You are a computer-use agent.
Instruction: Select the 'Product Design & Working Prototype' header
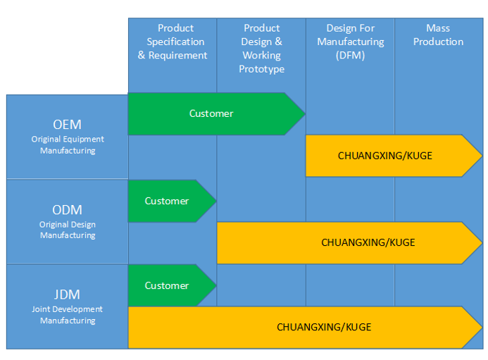(x=261, y=49)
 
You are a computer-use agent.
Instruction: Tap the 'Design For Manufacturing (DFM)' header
(x=350, y=42)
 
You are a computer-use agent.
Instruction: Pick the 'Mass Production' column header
(x=438, y=35)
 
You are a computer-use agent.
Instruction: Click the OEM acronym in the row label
(x=68, y=125)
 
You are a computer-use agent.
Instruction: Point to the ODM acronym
(x=68, y=210)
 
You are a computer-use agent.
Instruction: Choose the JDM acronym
(x=68, y=294)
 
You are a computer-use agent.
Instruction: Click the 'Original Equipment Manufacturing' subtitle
(x=68, y=145)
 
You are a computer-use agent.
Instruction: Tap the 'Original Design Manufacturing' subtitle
(x=68, y=230)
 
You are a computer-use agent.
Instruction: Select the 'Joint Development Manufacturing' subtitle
(x=68, y=315)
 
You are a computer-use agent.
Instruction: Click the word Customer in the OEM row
(x=211, y=113)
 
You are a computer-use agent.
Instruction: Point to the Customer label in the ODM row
(x=167, y=201)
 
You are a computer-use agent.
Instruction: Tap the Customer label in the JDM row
(x=167, y=285)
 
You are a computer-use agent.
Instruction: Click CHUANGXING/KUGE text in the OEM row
(x=385, y=156)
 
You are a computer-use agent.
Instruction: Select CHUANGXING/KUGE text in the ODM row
(x=368, y=242)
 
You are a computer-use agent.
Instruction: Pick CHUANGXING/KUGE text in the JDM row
(x=324, y=327)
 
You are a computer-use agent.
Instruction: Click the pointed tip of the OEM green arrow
(x=304, y=113)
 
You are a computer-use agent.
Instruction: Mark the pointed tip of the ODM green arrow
(x=215, y=201)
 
